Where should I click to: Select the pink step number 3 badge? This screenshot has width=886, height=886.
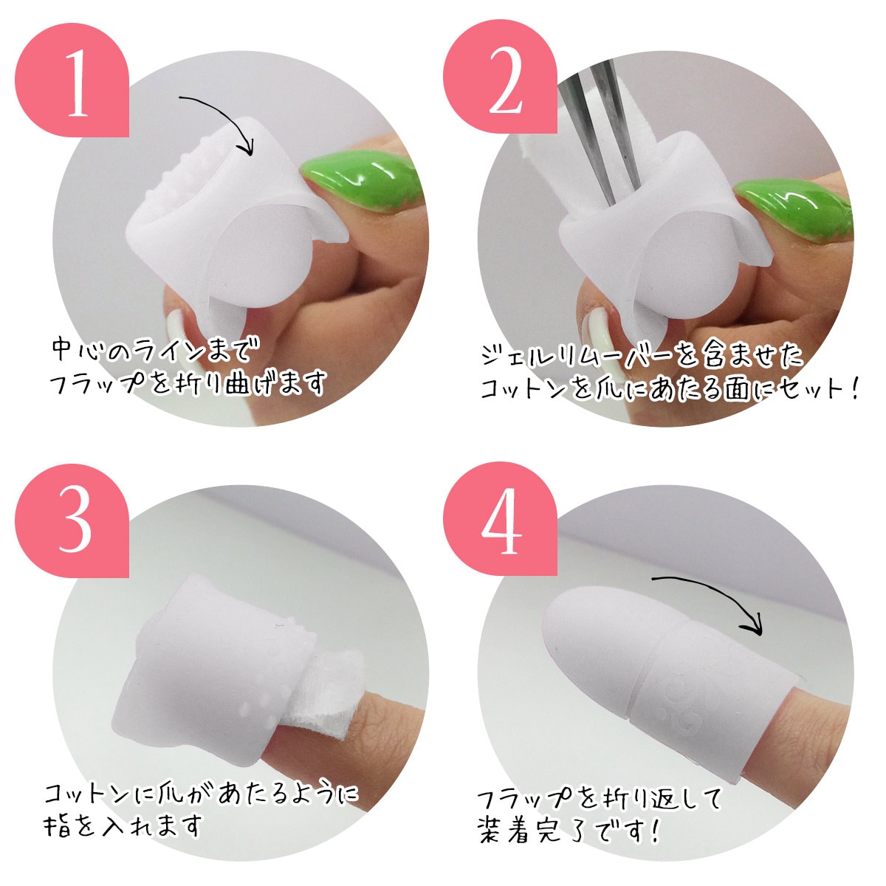tap(74, 521)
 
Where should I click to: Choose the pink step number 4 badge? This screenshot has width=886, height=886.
tap(502, 521)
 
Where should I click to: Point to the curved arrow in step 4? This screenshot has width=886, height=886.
tap(709, 594)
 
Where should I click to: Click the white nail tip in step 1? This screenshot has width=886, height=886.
tap(181, 325)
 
